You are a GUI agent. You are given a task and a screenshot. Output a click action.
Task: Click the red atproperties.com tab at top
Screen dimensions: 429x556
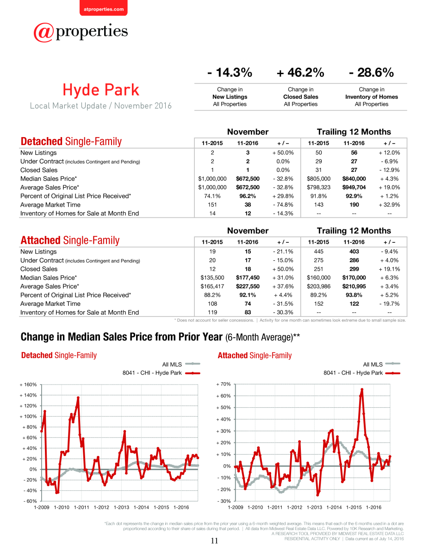(x=104, y=8)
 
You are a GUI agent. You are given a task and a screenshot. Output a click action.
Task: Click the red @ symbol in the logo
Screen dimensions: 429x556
(x=44, y=33)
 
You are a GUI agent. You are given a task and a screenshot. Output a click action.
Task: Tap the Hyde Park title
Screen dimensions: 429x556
(x=101, y=90)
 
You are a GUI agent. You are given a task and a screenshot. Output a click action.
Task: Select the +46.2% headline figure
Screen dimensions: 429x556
(x=300, y=72)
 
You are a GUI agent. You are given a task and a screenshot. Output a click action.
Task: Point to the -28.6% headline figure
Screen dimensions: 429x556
(x=371, y=72)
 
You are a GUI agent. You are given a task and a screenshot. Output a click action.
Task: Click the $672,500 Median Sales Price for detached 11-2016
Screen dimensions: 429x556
(x=248, y=178)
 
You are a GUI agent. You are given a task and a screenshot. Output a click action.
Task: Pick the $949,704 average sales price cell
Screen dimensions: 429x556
(x=354, y=187)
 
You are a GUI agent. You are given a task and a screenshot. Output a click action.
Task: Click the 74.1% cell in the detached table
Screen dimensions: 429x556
(x=212, y=196)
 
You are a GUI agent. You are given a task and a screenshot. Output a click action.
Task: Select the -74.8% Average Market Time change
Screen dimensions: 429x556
(x=283, y=205)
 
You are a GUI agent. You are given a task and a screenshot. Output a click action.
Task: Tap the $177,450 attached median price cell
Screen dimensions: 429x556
(x=248, y=278)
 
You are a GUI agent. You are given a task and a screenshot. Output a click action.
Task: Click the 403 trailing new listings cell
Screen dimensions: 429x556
(x=354, y=252)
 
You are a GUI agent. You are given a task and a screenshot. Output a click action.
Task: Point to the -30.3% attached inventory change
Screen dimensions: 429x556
(x=283, y=312)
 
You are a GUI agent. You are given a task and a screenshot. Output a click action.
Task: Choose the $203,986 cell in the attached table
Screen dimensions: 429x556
(x=318, y=286)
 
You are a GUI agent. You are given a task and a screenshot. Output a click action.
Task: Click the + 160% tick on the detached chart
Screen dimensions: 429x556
(x=28, y=385)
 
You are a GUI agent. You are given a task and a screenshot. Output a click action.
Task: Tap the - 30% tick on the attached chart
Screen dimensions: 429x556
(x=224, y=501)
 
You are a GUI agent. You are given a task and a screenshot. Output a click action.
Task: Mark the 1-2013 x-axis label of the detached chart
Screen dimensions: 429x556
(x=121, y=507)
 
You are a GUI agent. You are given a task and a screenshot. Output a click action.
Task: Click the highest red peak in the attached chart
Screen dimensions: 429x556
(x=362, y=389)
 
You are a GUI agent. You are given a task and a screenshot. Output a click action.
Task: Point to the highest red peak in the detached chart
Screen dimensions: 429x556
(x=78, y=398)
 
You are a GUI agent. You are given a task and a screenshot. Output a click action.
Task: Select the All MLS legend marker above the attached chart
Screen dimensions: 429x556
(x=392, y=364)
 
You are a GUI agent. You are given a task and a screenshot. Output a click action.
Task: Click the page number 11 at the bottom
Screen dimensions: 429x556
(x=214, y=541)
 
